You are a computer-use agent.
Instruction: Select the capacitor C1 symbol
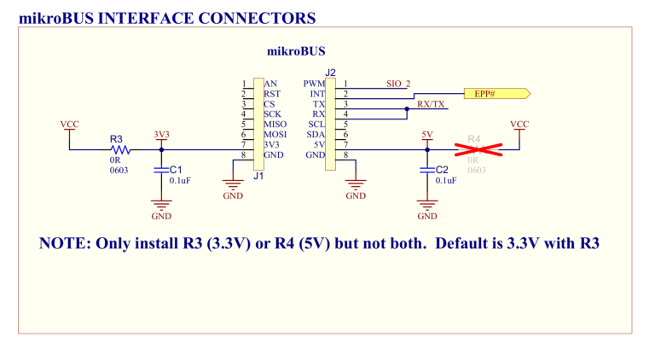tap(161, 171)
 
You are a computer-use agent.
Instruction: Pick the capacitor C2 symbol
tap(427, 171)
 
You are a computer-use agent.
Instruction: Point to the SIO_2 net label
tap(398, 84)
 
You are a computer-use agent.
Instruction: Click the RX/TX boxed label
tap(432, 104)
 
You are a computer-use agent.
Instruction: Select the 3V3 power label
tap(161, 135)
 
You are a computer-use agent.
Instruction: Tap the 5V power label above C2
tap(427, 135)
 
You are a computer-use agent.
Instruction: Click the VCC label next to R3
tap(69, 125)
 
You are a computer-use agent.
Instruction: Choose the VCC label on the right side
tap(519, 125)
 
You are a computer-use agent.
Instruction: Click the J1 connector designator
tap(258, 177)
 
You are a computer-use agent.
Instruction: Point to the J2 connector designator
tap(331, 73)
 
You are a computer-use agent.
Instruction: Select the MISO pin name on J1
tap(275, 125)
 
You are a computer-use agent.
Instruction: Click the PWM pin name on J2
tap(313, 84)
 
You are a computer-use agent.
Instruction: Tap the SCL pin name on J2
tap(316, 125)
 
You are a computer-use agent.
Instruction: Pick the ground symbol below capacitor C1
tap(161, 205)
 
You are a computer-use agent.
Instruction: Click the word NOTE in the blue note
tap(65, 243)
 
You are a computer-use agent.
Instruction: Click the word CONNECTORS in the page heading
tap(256, 17)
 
